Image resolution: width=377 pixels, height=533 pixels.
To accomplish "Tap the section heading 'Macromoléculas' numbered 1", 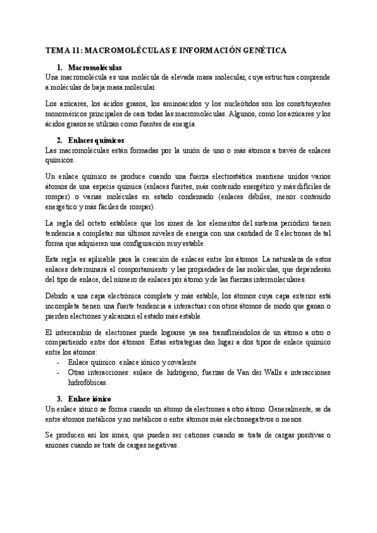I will (95, 67).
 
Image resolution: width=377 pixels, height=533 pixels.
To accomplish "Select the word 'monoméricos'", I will (70, 114).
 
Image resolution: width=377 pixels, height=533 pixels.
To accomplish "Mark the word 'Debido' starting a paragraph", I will (58, 295).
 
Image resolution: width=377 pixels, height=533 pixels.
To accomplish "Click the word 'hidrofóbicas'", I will (89, 382).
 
